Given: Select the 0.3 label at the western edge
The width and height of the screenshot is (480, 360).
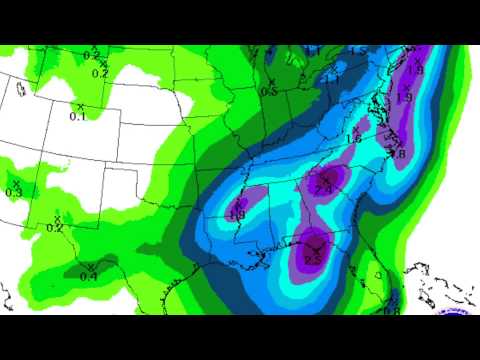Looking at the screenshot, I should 14,192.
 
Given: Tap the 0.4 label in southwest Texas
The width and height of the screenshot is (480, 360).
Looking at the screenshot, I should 88,276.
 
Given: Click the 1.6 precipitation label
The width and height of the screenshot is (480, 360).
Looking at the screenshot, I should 353,139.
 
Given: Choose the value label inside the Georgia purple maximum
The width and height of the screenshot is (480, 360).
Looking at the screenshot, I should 324,189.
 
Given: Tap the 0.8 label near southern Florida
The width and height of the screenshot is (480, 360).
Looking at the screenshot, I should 392,308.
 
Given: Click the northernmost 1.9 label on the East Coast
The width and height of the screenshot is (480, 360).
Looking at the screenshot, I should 415,70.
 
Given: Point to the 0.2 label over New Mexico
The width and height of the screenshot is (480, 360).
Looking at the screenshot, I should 55,228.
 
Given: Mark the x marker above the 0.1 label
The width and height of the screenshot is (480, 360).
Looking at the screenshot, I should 80,106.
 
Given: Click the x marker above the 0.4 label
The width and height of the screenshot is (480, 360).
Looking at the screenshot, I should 90,266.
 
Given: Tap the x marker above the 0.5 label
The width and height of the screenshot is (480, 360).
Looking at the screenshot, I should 270,81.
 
